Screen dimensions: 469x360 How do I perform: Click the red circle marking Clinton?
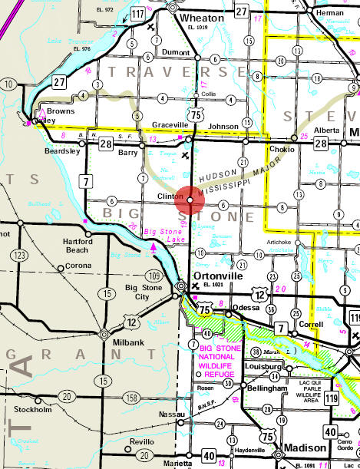pyautogui.click(x=189, y=199)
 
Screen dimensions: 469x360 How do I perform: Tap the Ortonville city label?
pyautogui.click(x=217, y=274)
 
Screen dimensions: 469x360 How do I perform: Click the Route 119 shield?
pyautogui.click(x=352, y=398)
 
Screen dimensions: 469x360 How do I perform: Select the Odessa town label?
pyautogui.click(x=246, y=307)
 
